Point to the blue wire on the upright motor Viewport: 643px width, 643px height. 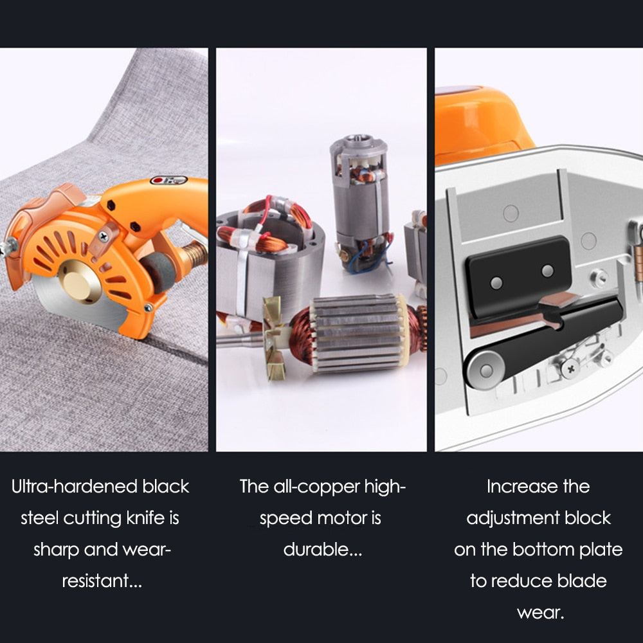(367, 258)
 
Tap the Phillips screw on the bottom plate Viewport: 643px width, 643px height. (570, 368)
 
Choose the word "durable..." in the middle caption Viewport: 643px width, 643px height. (322, 550)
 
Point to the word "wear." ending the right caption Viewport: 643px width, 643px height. (541, 613)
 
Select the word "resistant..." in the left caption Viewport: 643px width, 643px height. (102, 581)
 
